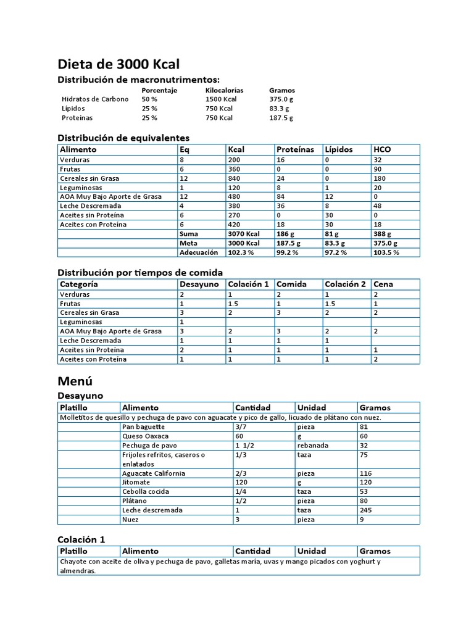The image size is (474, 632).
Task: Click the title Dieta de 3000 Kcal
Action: (x=118, y=64)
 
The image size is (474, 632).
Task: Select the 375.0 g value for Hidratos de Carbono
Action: (x=281, y=99)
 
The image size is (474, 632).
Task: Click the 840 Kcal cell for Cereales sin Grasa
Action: (x=235, y=178)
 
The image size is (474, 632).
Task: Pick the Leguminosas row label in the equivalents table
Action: (x=81, y=188)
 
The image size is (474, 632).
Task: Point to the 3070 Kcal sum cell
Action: (x=244, y=234)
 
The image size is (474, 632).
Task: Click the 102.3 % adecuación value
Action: (x=241, y=252)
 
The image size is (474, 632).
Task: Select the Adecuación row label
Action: (x=199, y=252)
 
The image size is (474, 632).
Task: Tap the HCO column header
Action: (x=382, y=149)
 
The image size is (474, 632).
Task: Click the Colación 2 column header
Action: (x=345, y=285)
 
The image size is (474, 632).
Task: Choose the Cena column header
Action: (x=383, y=285)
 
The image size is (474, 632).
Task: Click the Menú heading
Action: (x=75, y=380)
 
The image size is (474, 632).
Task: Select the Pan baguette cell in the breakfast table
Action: (x=144, y=426)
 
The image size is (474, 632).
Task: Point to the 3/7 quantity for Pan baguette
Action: (x=241, y=426)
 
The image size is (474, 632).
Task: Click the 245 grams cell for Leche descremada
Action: (x=366, y=510)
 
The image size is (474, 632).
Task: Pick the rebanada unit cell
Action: (x=313, y=445)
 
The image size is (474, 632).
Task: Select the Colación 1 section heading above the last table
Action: (x=81, y=539)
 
